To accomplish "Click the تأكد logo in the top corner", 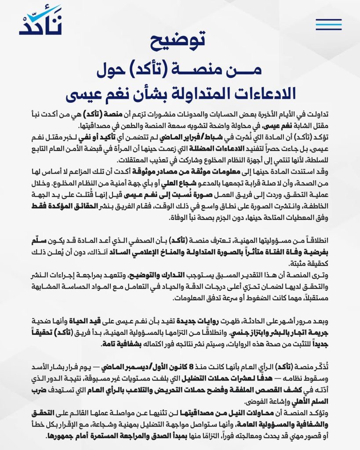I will point(40,21).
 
